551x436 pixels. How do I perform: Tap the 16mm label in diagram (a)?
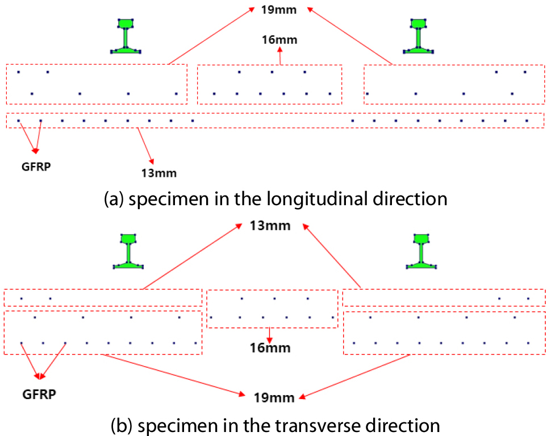[x=279, y=40]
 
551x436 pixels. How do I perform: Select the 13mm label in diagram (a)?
[x=158, y=173]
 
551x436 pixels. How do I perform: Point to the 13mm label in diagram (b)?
[x=270, y=226]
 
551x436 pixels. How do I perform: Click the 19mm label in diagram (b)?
[x=275, y=398]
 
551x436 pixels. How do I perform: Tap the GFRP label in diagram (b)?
[x=39, y=394]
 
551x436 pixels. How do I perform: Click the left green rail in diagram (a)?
[x=126, y=36]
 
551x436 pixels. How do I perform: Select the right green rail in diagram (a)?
[x=419, y=36]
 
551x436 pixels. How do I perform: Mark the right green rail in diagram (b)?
[x=421, y=250]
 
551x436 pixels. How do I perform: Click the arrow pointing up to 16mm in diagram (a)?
[x=279, y=56]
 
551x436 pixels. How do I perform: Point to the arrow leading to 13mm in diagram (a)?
[x=145, y=145]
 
